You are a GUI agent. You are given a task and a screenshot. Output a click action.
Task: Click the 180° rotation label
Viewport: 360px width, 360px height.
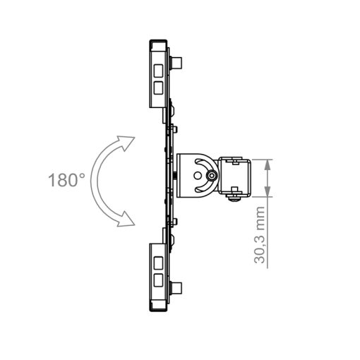[x=66, y=180]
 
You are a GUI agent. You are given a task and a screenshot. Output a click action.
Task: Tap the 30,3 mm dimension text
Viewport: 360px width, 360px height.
[x=260, y=234]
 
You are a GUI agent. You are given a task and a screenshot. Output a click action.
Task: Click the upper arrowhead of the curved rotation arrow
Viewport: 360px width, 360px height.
[x=126, y=143]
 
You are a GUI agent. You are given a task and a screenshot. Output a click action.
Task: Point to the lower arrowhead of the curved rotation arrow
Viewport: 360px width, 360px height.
[x=126, y=219]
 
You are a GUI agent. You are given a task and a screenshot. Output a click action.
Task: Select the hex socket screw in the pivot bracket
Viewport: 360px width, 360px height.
[x=211, y=176]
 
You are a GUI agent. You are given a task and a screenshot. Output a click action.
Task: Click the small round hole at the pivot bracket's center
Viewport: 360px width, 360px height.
[x=198, y=176]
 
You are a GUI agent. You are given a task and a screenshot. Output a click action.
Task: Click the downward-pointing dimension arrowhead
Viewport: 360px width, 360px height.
[x=267, y=191]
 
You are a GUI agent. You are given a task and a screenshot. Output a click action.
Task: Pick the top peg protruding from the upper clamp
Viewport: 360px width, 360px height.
[x=176, y=63]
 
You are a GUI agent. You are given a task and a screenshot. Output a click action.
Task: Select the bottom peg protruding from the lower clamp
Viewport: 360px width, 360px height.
[x=176, y=288]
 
